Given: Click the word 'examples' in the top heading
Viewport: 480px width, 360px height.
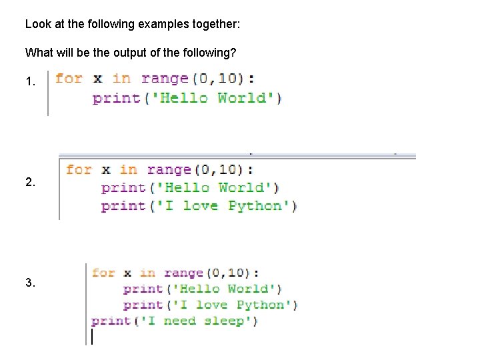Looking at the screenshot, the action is [x=160, y=24].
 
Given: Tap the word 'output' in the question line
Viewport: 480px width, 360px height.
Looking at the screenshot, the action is [x=129, y=51].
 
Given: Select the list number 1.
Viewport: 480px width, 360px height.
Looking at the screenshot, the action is [x=29, y=83].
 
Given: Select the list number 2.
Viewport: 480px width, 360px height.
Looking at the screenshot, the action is [x=29, y=181].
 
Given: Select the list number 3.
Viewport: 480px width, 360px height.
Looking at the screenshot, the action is [x=29, y=283].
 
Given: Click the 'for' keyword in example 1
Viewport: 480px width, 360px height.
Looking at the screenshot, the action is [x=69, y=79].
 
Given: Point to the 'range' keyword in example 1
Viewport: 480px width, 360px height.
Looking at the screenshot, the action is [x=165, y=79].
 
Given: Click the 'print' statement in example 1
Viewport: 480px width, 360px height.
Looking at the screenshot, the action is [x=116, y=98].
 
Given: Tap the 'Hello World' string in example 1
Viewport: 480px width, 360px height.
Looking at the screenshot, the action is [x=213, y=98].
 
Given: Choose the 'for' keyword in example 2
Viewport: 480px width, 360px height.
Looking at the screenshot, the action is [x=79, y=169].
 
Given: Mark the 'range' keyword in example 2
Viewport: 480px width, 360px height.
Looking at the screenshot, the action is [x=169, y=169].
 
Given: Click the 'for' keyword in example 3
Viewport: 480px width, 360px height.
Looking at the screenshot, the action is [x=103, y=273].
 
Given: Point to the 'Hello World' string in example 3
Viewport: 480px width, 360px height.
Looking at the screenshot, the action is [x=227, y=289].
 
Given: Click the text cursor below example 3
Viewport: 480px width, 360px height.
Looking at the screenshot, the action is [x=92, y=337].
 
